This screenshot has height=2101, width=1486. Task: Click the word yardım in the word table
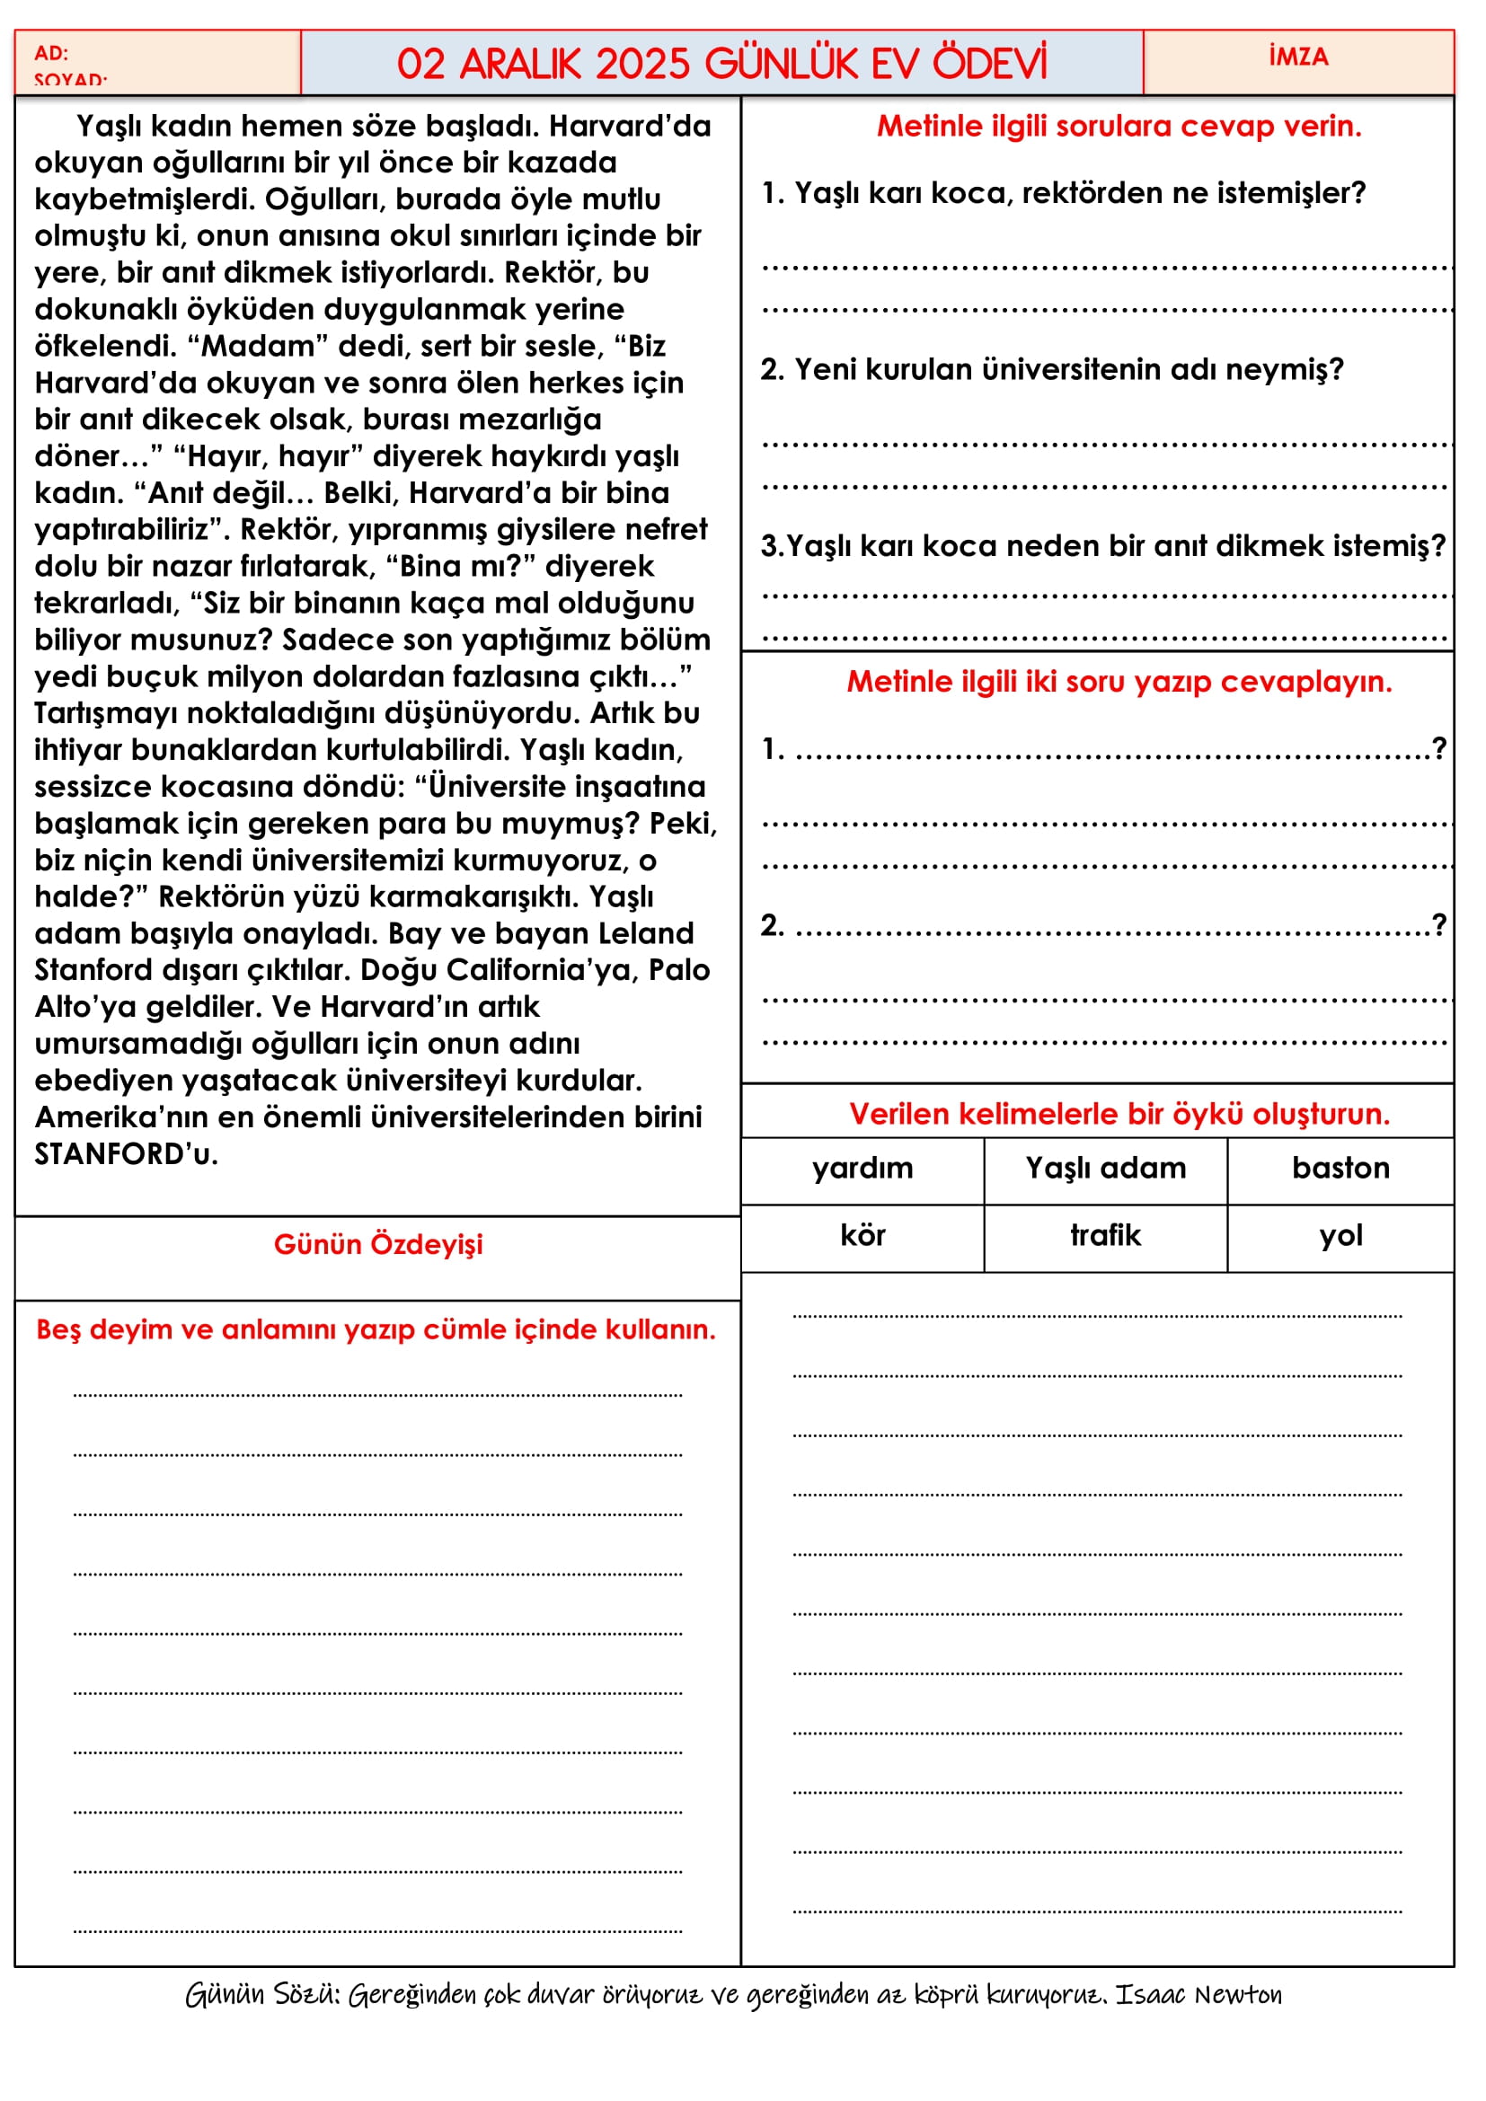pyautogui.click(x=862, y=1169)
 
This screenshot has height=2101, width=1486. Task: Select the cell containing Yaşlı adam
pyautogui.click(x=1105, y=1169)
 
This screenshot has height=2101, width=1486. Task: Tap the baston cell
pyautogui.click(x=1340, y=1169)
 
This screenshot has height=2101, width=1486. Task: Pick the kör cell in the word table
pyautogui.click(x=862, y=1236)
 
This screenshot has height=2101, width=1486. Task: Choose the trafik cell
pyautogui.click(x=1105, y=1236)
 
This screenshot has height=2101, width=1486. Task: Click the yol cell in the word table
pyautogui.click(x=1340, y=1236)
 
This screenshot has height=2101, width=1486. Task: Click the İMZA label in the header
pyautogui.click(x=1298, y=57)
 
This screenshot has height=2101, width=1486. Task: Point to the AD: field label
pyautogui.click(x=51, y=53)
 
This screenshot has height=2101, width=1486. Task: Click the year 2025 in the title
pyautogui.click(x=642, y=64)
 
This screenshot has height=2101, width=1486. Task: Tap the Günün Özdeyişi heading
pyautogui.click(x=378, y=1244)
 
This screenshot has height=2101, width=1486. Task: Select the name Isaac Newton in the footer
pyautogui.click(x=1198, y=1995)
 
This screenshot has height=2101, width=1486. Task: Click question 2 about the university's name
pyautogui.click(x=1052, y=370)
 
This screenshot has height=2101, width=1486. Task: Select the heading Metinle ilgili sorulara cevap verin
pyautogui.click(x=1119, y=127)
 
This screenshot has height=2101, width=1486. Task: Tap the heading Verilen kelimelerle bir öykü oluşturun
pyautogui.click(x=1119, y=1115)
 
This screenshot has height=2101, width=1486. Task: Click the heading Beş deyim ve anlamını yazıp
pyautogui.click(x=376, y=1329)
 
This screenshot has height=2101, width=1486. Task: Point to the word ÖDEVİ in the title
pyautogui.click(x=989, y=64)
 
